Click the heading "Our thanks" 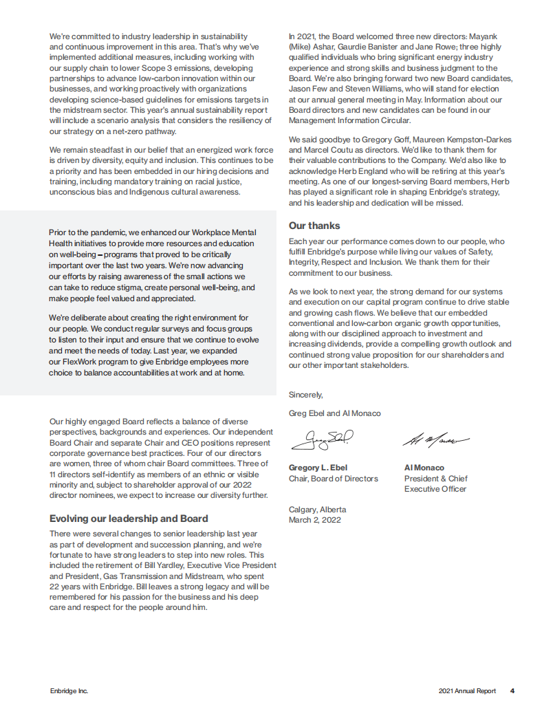pos(314,226)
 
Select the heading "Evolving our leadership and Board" pos(129,519)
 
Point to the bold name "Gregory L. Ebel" pos(318,468)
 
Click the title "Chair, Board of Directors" pos(333,479)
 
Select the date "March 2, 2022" pos(314,520)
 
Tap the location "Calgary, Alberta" pos(318,510)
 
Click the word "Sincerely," pos(306,395)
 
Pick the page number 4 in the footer pos(512,691)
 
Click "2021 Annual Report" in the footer pos(467,691)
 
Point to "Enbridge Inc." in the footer pos(69,691)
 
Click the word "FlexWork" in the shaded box pos(81,362)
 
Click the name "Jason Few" pos(308,89)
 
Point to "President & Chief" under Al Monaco pos(435,479)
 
